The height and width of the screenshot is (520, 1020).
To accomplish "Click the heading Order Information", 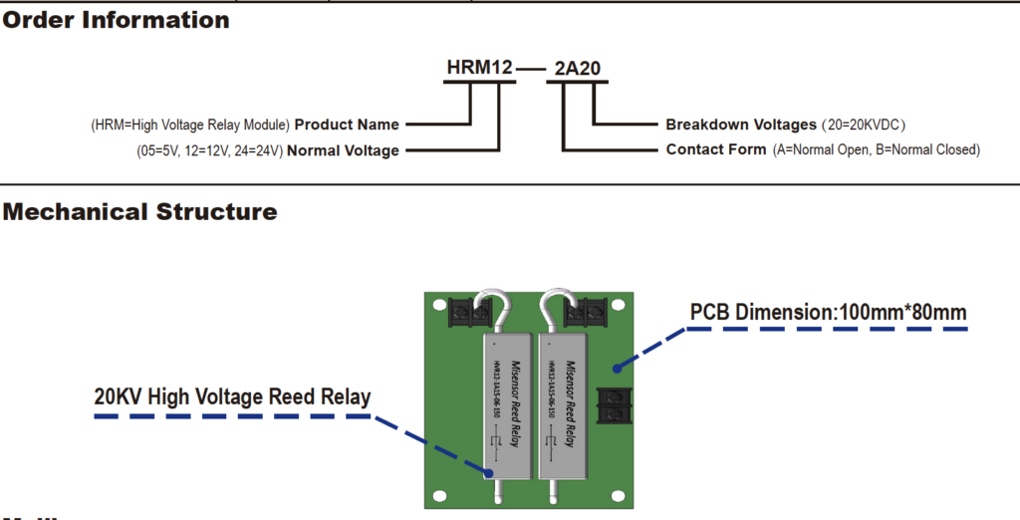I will pos(116,19).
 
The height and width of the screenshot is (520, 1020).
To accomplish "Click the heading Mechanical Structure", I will pos(139,211).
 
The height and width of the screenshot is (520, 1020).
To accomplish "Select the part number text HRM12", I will pos(479,68).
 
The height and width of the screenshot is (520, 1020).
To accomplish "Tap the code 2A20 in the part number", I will pos(577,68).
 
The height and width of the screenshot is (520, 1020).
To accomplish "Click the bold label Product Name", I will pos(347,125).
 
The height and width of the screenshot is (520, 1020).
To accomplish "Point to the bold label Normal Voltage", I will pos(343,150).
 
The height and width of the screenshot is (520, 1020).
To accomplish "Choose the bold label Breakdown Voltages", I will pos(740,125).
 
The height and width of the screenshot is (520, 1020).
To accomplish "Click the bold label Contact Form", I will pos(716,149).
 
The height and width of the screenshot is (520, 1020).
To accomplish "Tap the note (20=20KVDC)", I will pos(863,125).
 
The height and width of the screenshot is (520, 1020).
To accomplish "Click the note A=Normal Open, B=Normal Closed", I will pos(877,149).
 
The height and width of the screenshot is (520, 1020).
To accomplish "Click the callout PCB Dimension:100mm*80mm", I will pos(828,313).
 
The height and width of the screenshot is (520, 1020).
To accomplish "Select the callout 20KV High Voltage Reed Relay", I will pos(232,396).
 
